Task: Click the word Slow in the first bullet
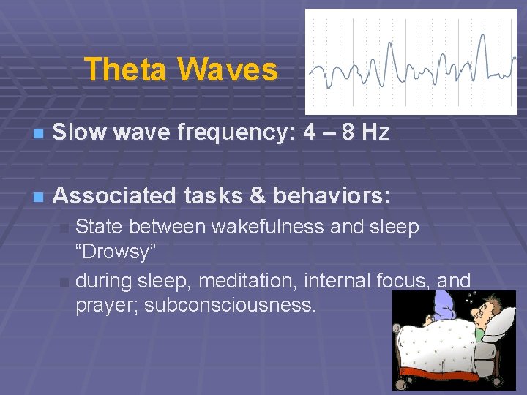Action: (78, 132)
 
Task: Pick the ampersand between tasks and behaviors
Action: (253, 196)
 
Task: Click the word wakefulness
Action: (267, 227)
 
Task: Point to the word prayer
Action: (106, 305)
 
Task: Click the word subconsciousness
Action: (231, 305)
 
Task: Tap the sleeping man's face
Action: (480, 311)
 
